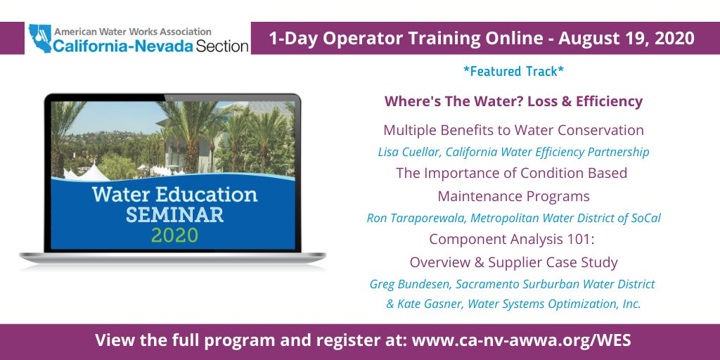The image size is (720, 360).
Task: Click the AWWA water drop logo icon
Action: [39, 39]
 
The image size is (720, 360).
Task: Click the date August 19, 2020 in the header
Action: [626, 39]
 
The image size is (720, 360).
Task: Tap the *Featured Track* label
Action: [513, 72]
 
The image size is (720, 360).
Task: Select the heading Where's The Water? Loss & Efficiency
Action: [513, 101]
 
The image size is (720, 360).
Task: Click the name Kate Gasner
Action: [432, 304]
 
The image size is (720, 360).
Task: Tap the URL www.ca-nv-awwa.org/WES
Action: [522, 341]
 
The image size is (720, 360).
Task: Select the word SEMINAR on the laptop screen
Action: [174, 214]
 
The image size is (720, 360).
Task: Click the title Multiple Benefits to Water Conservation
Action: [513, 130]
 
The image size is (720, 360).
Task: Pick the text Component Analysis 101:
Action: [513, 239]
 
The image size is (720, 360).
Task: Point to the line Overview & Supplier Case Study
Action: [513, 262]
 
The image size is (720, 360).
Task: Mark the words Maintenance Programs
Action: [513, 195]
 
